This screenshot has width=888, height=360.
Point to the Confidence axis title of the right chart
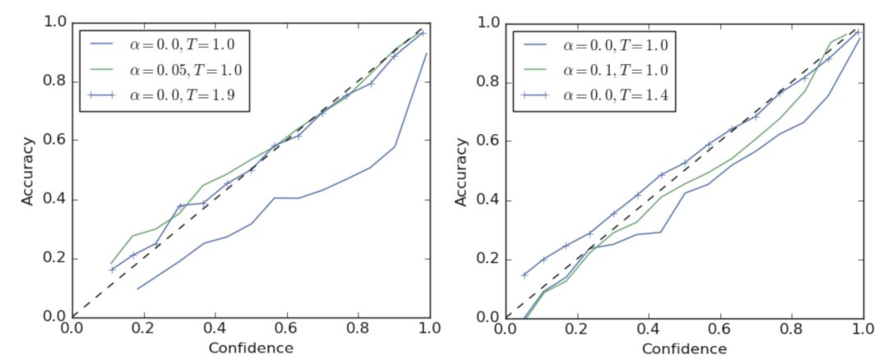pos(684,348)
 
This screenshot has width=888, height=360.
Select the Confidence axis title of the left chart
pos(251,348)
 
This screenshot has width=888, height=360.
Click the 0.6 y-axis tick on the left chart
pos(55,140)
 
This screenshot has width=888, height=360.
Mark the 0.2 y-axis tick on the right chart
pos(488,259)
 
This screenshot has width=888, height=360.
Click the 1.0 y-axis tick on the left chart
pos(55,21)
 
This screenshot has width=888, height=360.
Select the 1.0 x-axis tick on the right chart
pos(861,328)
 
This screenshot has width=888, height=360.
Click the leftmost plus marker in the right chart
pos(525,275)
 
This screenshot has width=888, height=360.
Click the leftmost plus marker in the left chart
pos(112,269)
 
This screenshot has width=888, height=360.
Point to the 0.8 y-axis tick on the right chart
pos(488,81)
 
